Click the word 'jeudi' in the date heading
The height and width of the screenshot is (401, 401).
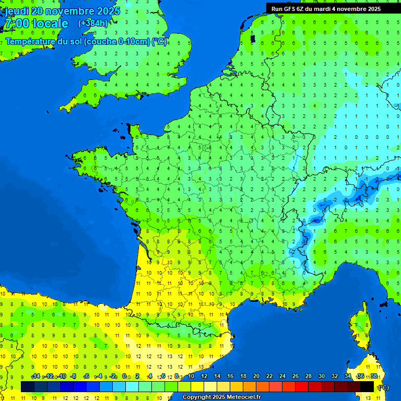(17, 10)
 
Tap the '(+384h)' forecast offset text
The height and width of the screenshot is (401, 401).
(92, 23)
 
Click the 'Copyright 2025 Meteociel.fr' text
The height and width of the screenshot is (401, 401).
(221, 397)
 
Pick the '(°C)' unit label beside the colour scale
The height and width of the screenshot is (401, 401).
(383, 387)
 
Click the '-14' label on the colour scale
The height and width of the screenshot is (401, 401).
(36, 376)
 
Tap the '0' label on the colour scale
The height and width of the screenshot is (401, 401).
(124, 376)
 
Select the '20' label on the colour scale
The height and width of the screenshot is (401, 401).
(256, 376)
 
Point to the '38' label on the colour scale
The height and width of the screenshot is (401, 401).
(374, 376)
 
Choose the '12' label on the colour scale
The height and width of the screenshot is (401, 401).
(204, 376)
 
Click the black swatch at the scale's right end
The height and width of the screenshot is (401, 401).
(367, 386)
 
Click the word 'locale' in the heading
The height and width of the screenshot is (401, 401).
(50, 23)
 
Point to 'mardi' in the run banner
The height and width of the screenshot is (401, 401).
(324, 9)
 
